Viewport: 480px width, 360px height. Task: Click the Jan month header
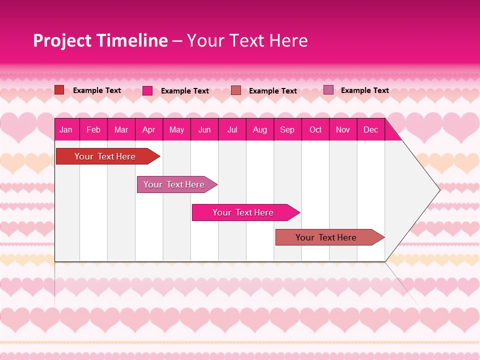coord(66,129)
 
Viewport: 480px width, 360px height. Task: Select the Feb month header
coord(93,129)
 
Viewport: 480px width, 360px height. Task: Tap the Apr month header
coord(148,129)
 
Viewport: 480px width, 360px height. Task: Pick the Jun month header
coord(204,129)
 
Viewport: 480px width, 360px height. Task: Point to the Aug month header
coord(259,129)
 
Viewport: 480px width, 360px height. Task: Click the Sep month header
coord(287,129)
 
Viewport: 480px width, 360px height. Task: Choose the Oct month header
coord(315,129)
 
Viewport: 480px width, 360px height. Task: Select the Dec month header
coord(370,129)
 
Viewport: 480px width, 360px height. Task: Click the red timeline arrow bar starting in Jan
coord(105,156)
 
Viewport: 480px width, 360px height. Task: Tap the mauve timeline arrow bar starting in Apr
coord(174,184)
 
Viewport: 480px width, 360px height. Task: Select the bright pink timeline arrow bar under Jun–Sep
coord(243,212)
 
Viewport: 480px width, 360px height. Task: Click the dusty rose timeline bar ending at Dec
coord(326,237)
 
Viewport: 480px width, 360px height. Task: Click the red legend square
coord(59,90)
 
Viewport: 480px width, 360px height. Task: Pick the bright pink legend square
coord(147,90)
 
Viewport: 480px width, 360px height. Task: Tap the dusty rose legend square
coord(236,90)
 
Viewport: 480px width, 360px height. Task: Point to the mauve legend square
coord(328,90)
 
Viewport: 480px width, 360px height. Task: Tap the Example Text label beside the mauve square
coord(364,90)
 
